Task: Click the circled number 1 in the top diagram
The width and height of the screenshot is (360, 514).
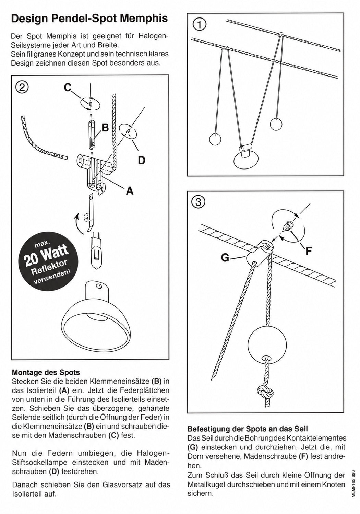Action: coord(199,25)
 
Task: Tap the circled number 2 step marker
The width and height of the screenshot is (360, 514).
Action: coord(22,88)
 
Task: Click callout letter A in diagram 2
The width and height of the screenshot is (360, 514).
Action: coord(130,190)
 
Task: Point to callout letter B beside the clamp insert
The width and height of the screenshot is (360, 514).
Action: coord(105,128)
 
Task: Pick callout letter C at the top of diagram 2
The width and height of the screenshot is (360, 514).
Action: coord(68,87)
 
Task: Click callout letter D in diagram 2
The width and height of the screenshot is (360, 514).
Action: coord(142,160)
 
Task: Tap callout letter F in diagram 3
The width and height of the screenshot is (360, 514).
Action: coord(309,251)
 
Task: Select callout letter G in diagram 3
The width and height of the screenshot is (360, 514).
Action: coord(225,258)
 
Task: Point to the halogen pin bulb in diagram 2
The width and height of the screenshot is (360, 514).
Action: coord(97,250)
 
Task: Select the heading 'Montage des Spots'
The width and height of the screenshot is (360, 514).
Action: coord(46,372)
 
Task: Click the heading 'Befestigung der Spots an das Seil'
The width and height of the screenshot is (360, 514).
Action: coord(248,429)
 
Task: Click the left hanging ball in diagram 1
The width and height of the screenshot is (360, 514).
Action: coord(215,139)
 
